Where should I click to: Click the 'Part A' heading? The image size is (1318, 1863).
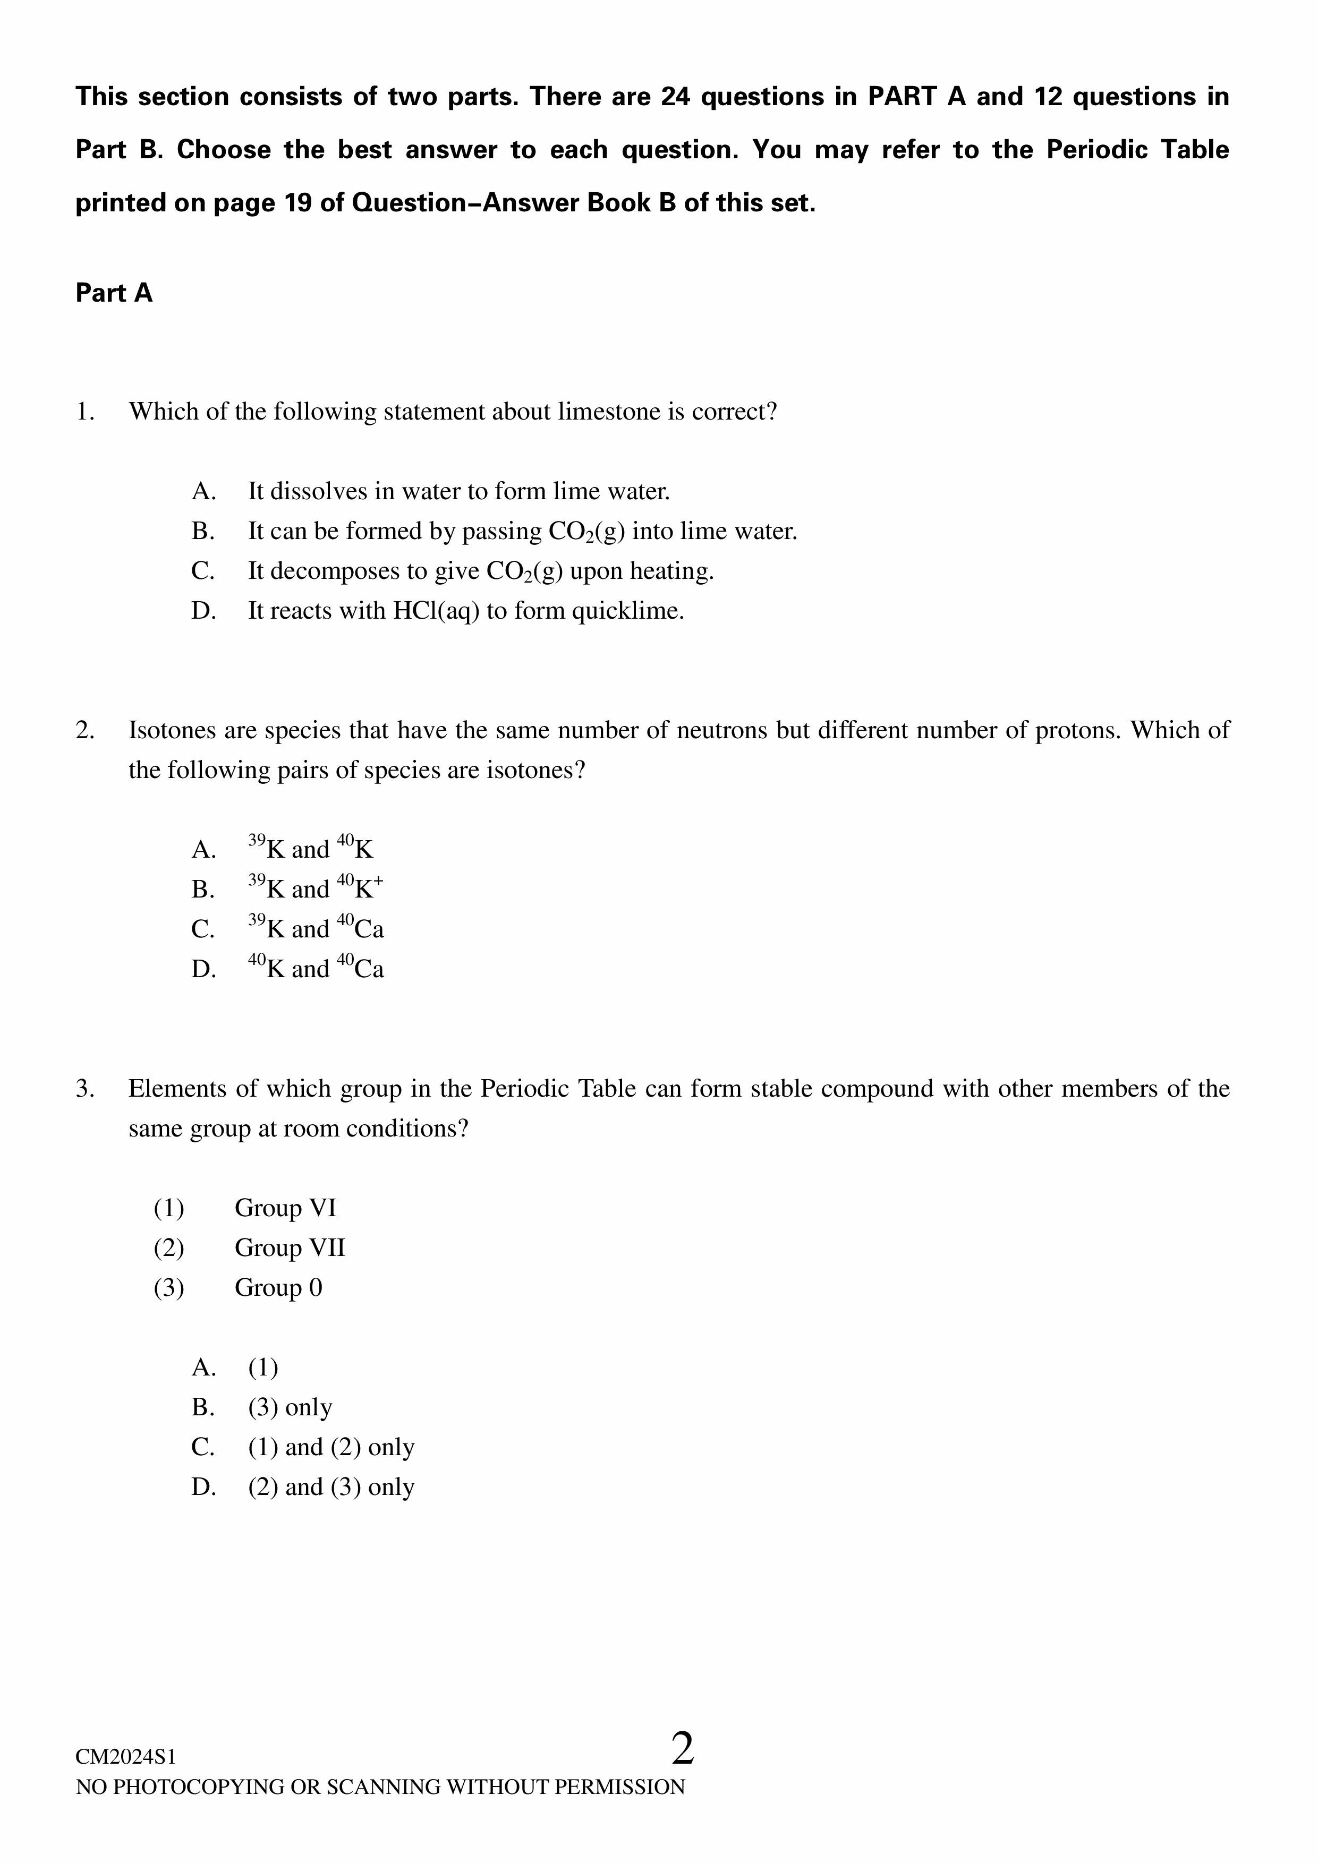click(114, 293)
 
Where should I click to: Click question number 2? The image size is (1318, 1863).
click(85, 730)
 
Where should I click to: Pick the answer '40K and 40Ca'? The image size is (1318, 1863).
click(316, 968)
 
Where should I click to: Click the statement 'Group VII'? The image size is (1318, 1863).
click(290, 1248)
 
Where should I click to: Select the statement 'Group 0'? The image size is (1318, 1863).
click(278, 1288)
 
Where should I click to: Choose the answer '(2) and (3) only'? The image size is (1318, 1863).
click(331, 1488)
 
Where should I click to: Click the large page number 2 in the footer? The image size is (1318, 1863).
click(683, 1750)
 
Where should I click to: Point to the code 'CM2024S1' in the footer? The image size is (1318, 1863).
click(126, 1757)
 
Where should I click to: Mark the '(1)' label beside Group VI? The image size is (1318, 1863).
click(169, 1208)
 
